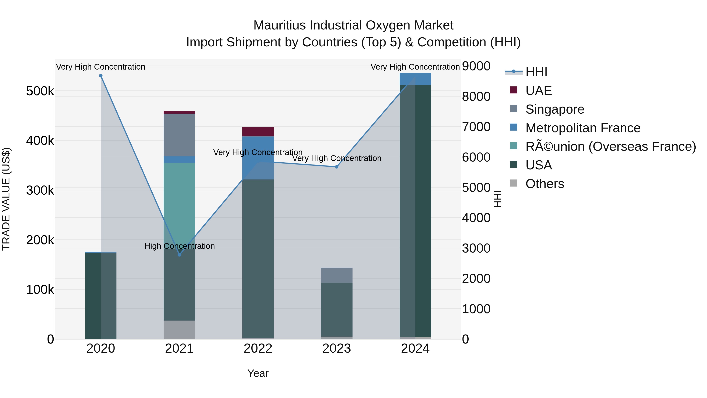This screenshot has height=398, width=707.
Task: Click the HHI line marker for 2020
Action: point(101,76)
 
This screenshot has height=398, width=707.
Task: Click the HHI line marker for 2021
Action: point(179,255)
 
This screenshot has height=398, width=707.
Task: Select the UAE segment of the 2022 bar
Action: point(258,131)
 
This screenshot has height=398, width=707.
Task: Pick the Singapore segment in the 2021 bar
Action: point(179,135)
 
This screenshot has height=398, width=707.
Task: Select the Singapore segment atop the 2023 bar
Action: point(337,275)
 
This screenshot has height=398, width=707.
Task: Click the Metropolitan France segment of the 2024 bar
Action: point(415,79)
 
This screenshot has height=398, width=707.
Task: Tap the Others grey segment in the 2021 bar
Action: point(179,330)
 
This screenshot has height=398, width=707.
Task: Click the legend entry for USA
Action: point(538,165)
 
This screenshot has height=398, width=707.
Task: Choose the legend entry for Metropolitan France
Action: point(583,128)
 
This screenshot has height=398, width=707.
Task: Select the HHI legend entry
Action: point(536,72)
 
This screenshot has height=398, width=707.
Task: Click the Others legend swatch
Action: point(514,183)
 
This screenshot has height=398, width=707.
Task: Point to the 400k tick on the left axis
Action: point(40,141)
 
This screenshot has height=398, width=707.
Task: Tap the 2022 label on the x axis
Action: point(258,348)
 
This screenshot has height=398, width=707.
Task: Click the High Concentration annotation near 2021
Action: point(179,246)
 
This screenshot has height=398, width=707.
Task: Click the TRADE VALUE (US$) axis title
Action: point(6,199)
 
